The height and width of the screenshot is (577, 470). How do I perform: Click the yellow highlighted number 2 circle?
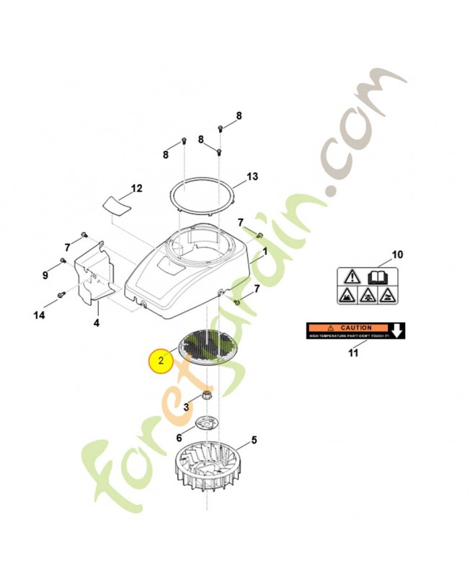coord(161,359)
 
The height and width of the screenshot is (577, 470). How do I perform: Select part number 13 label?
coord(252,176)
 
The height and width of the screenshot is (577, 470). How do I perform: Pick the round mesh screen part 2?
coord(207,348)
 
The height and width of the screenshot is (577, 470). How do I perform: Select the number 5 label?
coord(254,439)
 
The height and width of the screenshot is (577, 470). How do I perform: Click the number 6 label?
coord(179,437)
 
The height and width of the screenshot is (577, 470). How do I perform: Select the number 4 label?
coord(96,322)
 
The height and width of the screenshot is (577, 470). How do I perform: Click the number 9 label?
coord(45,275)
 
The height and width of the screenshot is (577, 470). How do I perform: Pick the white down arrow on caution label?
coord(396,330)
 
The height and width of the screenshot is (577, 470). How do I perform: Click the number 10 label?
coord(397,255)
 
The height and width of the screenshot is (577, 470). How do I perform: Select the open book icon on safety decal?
coord(377,276)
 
